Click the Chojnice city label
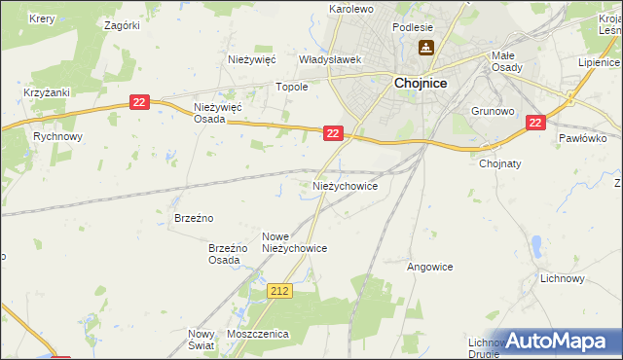point(421,84)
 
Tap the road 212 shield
point(280,290)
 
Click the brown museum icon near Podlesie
point(426,48)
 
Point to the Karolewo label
point(351,9)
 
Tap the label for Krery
point(42,18)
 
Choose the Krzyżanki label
point(44,92)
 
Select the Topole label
point(292,87)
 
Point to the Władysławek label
point(330,59)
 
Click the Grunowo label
point(492,111)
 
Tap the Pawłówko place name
point(583,138)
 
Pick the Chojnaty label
point(501,163)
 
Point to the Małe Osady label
point(508,61)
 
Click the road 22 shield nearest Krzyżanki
point(140,102)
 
